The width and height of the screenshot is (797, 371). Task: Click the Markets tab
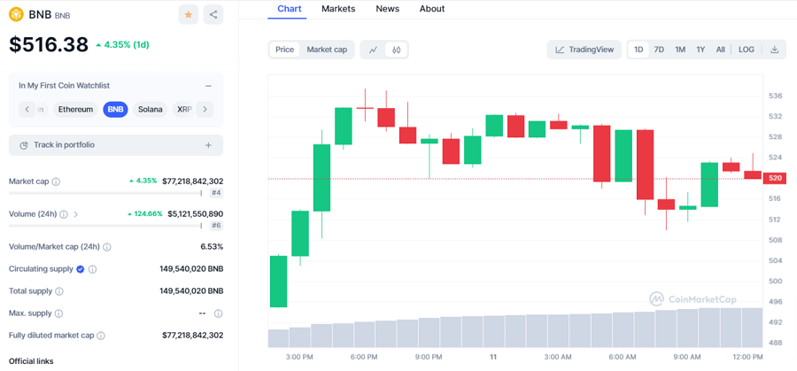(338, 9)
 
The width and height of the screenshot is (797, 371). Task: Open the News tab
(387, 9)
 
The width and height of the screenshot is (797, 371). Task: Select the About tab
(432, 9)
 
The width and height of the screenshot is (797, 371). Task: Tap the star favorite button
(188, 14)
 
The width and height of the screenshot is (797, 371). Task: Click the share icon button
(213, 14)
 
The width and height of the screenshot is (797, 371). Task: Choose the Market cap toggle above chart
(327, 50)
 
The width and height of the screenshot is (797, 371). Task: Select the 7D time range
(659, 50)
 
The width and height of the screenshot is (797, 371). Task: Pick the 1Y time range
(700, 50)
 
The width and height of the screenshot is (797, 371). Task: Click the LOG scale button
(747, 50)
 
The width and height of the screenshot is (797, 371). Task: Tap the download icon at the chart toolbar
(774, 50)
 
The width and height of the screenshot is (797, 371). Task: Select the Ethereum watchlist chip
(75, 110)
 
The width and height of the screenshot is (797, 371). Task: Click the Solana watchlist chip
(151, 110)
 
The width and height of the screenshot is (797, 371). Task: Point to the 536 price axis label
(775, 96)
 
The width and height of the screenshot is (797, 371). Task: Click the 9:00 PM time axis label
(429, 357)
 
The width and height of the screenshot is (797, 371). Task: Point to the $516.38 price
(49, 44)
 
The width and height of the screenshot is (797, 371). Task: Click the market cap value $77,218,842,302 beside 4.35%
(192, 181)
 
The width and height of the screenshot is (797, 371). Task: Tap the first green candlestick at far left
(278, 281)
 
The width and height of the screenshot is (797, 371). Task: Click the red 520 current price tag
(775, 178)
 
